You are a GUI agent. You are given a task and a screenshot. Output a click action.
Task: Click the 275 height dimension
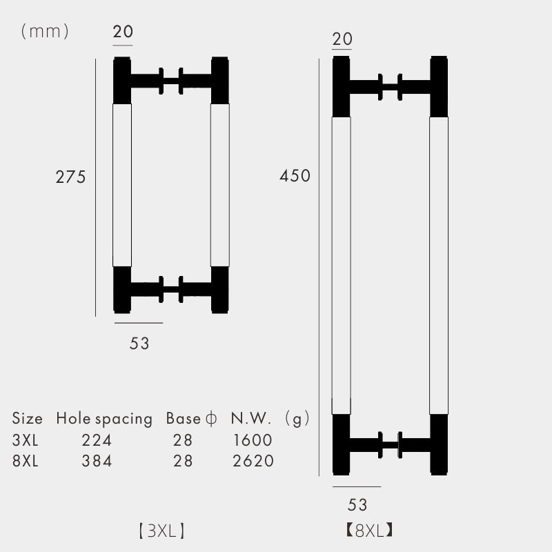click(x=70, y=177)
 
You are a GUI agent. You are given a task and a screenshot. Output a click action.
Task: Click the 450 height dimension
click(x=295, y=176)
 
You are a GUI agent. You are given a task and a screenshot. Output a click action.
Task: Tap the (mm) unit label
click(x=45, y=32)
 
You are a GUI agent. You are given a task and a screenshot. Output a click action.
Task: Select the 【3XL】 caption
click(x=161, y=531)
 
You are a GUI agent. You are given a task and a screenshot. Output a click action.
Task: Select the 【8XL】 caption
click(x=369, y=530)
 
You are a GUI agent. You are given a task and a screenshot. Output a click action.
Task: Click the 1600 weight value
click(x=253, y=440)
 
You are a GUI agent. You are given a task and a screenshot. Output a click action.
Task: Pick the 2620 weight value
click(x=253, y=461)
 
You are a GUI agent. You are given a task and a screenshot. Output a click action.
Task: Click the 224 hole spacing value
click(x=97, y=440)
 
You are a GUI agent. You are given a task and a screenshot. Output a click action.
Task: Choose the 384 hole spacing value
click(x=97, y=461)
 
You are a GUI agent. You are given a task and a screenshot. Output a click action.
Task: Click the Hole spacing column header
click(x=104, y=419)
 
